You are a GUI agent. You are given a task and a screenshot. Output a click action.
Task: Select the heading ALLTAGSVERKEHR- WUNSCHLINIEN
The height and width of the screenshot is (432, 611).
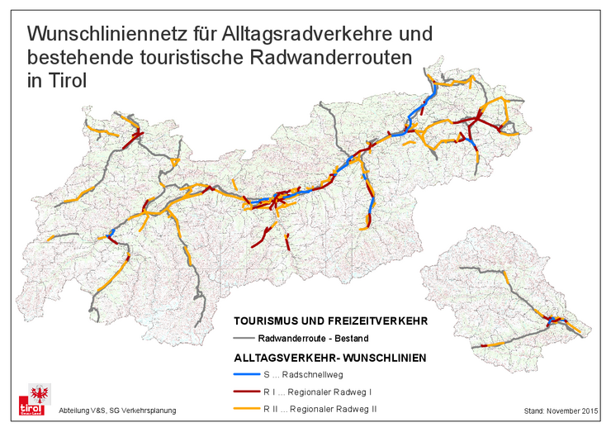coord(329,358)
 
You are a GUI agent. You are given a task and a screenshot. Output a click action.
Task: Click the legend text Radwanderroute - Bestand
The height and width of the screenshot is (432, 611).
coord(313,339)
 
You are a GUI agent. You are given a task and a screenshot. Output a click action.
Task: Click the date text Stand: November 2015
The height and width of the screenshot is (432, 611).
coord(559,411)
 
